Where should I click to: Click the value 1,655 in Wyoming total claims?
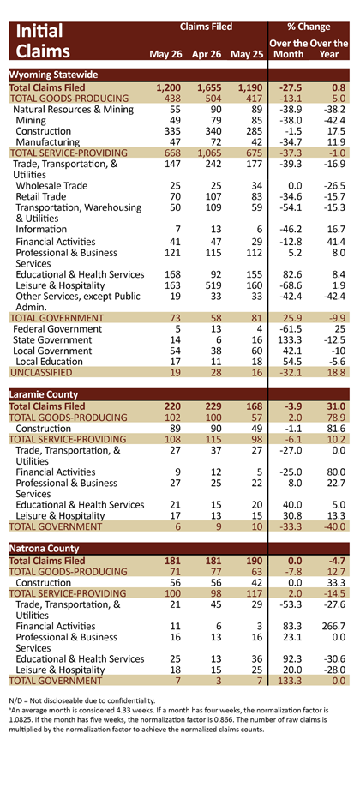click(208, 87)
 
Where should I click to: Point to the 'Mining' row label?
click(31, 121)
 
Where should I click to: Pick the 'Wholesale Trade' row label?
click(51, 186)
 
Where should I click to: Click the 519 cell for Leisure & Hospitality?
click(212, 285)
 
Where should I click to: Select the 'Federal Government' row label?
click(57, 329)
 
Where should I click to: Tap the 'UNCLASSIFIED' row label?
click(41, 372)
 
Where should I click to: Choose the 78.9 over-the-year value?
click(335, 418)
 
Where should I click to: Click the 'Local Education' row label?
click(49, 362)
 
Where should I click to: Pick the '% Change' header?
click(309, 27)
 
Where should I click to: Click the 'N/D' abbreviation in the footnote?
click(15, 700)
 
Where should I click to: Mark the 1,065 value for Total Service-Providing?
click(208, 153)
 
